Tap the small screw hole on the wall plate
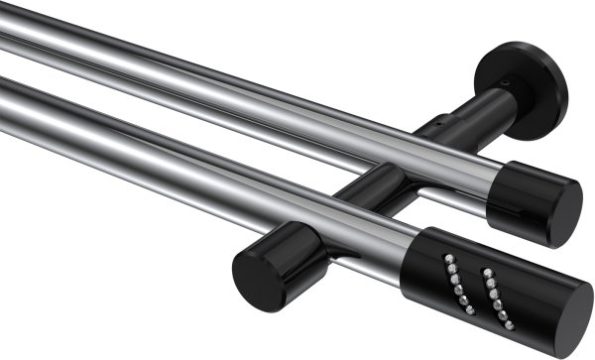(506, 83)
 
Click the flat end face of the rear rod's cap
(565, 212)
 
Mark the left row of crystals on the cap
(455, 284)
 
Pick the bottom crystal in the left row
(469, 310)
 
